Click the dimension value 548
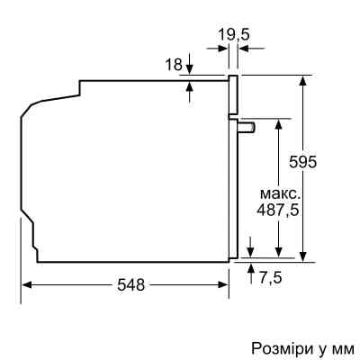pos(132,284)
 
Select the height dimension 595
pos(307,162)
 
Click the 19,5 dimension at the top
pos(233,37)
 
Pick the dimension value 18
pos(174,64)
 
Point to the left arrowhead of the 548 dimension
pos(26,284)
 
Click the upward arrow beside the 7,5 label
pos(250,270)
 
